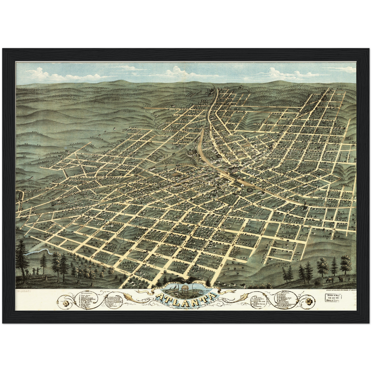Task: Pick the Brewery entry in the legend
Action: [x=258, y=306]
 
